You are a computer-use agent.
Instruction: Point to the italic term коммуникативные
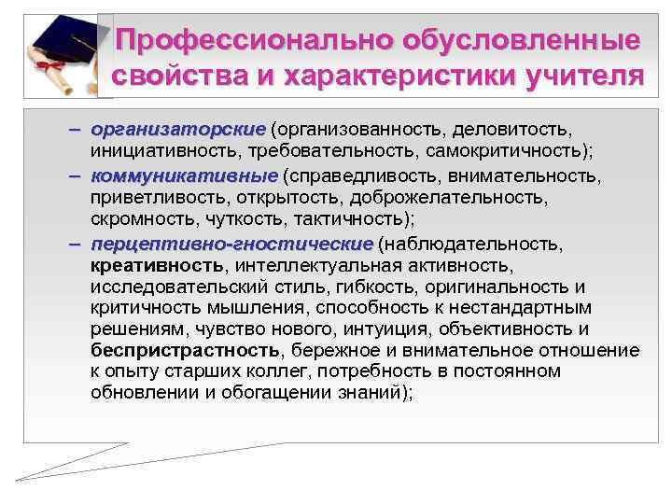185,175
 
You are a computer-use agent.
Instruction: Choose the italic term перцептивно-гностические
231,245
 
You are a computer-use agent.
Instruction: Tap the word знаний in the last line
358,392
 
